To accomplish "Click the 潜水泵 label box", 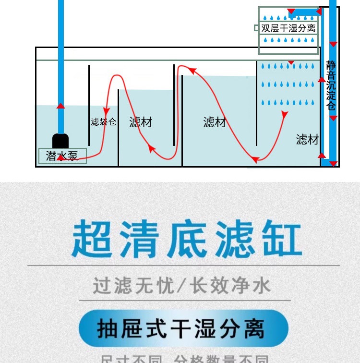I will [x=62, y=156].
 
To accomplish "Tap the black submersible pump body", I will [x=60, y=141].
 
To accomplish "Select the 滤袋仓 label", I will [x=104, y=122].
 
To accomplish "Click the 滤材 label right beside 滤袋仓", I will [x=141, y=122].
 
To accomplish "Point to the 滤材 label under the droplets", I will [x=307, y=140].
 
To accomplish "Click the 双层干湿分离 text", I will [x=288, y=28].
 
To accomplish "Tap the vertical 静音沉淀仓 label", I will [x=331, y=86].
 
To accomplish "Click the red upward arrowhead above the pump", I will [x=60, y=106].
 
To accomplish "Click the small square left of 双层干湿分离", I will [x=256, y=28].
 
